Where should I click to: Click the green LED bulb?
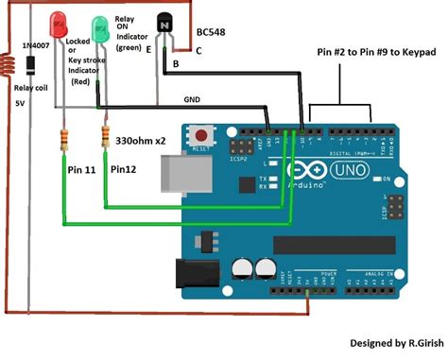click(x=100, y=26)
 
